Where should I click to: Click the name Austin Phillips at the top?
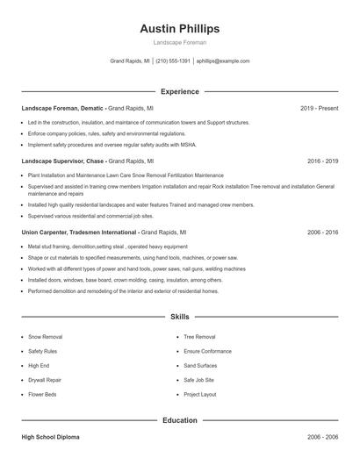coord(180,28)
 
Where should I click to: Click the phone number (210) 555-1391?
coord(174,61)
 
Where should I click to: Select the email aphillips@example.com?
coord(223,61)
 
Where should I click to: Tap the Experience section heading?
coord(180,91)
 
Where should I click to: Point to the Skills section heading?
coord(180,316)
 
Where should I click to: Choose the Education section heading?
coord(180,420)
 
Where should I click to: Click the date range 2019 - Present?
coord(319,108)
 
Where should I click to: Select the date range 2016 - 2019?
coord(322,161)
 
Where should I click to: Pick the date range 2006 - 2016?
coord(322,232)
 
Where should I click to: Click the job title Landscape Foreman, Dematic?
coord(62,108)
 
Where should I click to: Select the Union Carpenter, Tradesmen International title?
coord(80,232)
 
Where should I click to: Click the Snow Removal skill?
coord(46,337)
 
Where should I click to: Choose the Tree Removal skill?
coord(199,337)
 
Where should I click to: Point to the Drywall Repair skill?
coord(45,380)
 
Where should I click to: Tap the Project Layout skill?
coord(200,395)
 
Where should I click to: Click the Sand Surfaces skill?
coord(201,366)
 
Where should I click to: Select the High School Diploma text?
coord(52,436)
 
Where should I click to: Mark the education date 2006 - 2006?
coord(322,436)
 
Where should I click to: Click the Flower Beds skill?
coord(43,395)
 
